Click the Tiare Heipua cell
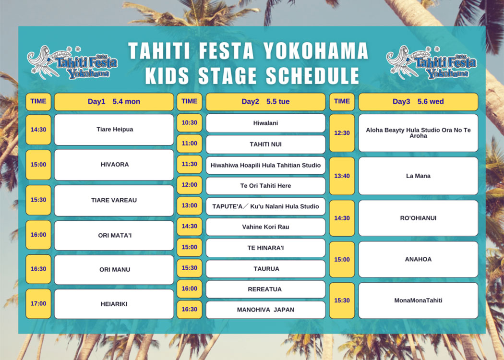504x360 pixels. (114, 130)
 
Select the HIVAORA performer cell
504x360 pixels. (114, 165)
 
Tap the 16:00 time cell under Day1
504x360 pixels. (38, 235)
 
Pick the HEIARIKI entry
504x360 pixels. (114, 304)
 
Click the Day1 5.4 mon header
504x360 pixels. (114, 102)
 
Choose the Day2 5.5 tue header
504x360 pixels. (265, 102)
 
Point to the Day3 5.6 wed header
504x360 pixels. (418, 102)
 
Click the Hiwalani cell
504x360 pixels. (265, 123)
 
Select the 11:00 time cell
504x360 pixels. (189, 144)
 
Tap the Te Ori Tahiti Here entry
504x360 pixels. (265, 186)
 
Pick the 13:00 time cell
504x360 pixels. (189, 205)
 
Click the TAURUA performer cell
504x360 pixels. (265, 269)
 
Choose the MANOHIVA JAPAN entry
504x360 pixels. (265, 310)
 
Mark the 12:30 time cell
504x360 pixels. (342, 133)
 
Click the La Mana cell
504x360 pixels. (418, 176)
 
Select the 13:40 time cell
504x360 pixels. (342, 176)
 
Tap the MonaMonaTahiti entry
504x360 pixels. (418, 300)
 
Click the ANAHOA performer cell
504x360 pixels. (418, 259)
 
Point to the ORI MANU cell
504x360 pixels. (114, 270)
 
